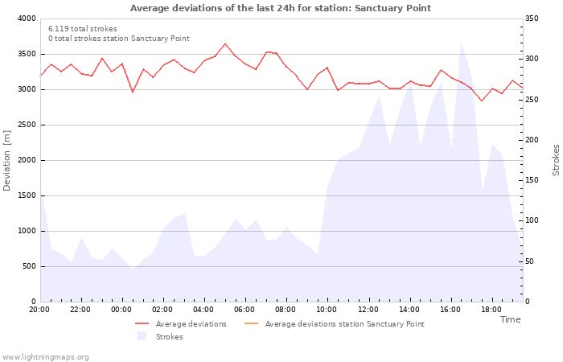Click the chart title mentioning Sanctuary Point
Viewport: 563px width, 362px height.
pyautogui.click(x=281, y=8)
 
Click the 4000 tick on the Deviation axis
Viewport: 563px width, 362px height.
pyautogui.click(x=27, y=19)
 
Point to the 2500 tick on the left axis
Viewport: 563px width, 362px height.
pyautogui.click(x=27, y=125)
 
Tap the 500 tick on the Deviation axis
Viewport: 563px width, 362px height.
pyautogui.click(x=29, y=266)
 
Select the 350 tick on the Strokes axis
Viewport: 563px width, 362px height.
pyautogui.click(x=533, y=19)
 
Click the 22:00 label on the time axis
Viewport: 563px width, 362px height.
pyautogui.click(x=80, y=309)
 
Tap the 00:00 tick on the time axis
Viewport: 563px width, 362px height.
pyautogui.click(x=121, y=309)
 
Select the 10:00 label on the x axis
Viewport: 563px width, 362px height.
pyautogui.click(x=327, y=309)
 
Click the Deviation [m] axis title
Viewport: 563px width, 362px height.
pyautogui.click(x=7, y=160)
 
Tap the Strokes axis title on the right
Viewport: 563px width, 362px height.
pyautogui.click(x=556, y=160)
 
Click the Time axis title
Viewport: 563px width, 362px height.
pyautogui.click(x=510, y=319)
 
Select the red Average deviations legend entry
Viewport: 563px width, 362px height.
pyautogui.click(x=181, y=324)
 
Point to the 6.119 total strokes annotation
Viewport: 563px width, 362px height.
pyautogui.click(x=82, y=29)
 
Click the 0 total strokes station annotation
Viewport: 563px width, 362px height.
pyautogui.click(x=118, y=39)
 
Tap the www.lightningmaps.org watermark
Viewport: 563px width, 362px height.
pyautogui.click(x=45, y=357)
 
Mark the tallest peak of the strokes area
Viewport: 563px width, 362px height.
pyautogui.click(x=461, y=43)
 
